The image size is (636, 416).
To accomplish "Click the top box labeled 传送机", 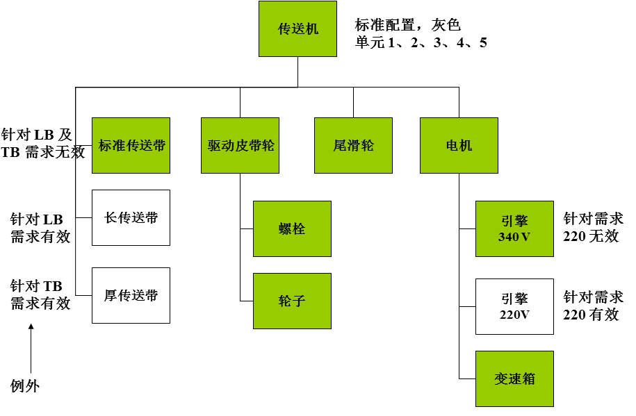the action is point(297,28).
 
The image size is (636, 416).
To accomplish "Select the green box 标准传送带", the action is point(131,146).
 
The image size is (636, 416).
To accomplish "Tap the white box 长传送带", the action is point(131,218).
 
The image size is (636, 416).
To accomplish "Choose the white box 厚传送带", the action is point(131,296).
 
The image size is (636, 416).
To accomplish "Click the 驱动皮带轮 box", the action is point(240,146).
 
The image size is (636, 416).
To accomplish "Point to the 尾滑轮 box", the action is point(353,146).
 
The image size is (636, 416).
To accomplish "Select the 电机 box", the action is point(459,146).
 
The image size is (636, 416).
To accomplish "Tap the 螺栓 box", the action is point(292,229).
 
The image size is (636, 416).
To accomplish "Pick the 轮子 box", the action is point(292,301).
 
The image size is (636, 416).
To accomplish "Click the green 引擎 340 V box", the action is point(515,229).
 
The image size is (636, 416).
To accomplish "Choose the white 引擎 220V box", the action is point(515,306).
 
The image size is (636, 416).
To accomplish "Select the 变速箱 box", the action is point(515,378).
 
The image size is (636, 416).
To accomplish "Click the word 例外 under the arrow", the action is point(25,386).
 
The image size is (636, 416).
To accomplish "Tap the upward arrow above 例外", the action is point(31,349).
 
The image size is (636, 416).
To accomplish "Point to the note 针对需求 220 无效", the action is point(593,228).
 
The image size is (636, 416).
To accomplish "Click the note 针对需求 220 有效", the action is point(593,306).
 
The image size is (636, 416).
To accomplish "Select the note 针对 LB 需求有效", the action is point(40,228).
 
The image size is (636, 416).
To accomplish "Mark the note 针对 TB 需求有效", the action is point(40,294).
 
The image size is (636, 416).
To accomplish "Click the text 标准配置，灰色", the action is point(407,25).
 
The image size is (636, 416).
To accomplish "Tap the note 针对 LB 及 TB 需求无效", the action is point(43,144).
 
